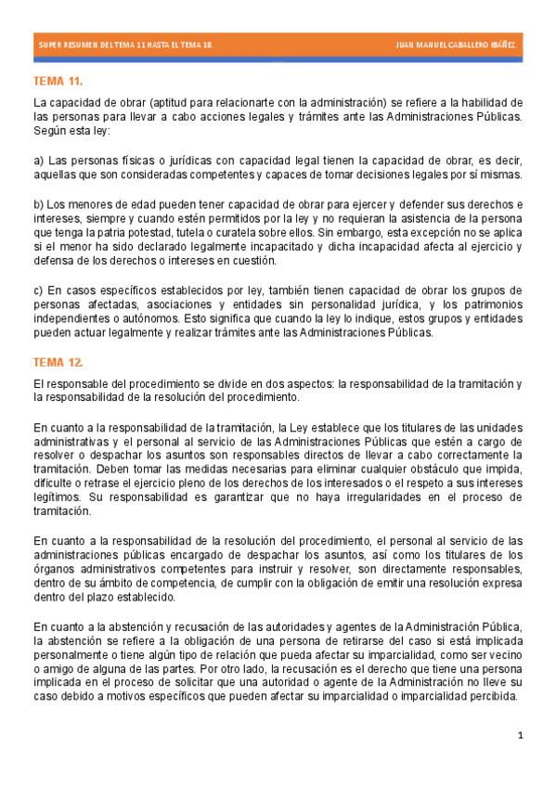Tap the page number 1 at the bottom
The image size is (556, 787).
521,736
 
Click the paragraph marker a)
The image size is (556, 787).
38,161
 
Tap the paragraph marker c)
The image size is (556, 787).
38,291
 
